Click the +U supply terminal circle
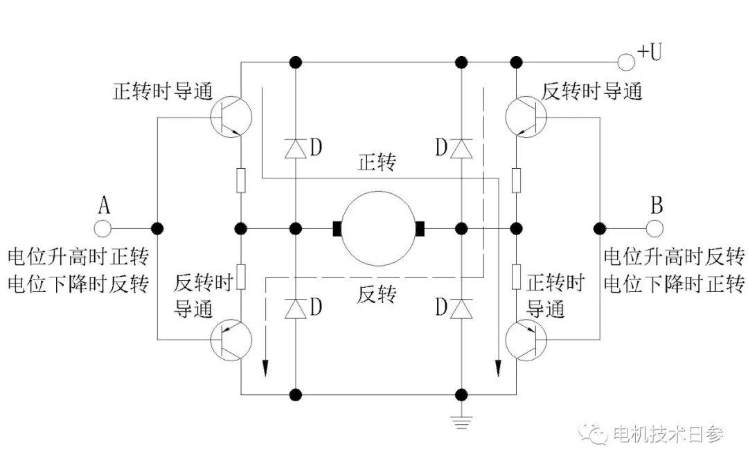626,62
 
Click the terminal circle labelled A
103,227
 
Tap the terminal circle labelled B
654,227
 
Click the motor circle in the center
378,228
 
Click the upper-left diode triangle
296,147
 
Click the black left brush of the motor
337,228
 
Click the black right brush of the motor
420,228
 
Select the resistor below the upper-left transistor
241,181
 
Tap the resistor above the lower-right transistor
517,275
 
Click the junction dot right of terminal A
157,227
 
